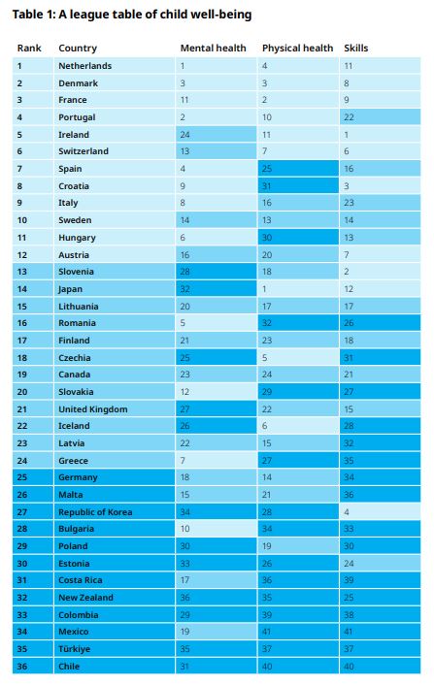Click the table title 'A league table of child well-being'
(155, 15)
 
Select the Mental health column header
(213, 49)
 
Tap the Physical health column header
(297, 49)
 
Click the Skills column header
(355, 49)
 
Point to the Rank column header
(29, 49)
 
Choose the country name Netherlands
(84, 66)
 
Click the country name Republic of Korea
(95, 512)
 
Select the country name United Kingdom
(93, 409)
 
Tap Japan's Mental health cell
(216, 289)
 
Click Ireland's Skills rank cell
(380, 135)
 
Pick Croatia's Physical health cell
(298, 186)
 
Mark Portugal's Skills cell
(380, 117)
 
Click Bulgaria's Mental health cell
(216, 529)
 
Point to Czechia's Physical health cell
(298, 358)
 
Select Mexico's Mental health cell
(216, 632)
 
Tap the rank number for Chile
(22, 667)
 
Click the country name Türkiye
(75, 649)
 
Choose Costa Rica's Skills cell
(380, 580)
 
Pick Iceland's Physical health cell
(298, 426)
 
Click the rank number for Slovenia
(22, 272)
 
